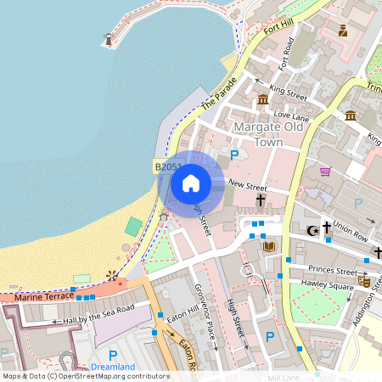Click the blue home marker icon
coord(191,183)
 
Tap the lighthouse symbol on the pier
coord(108,39)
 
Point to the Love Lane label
coord(291,115)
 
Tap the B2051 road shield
coord(167,167)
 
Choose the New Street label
coord(248,186)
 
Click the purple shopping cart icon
coord(325,171)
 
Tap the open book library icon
coord(269,246)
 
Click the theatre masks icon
coord(364,281)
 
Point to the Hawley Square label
coord(329,286)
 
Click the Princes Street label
coord(334,272)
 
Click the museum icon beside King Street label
coord(263,101)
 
